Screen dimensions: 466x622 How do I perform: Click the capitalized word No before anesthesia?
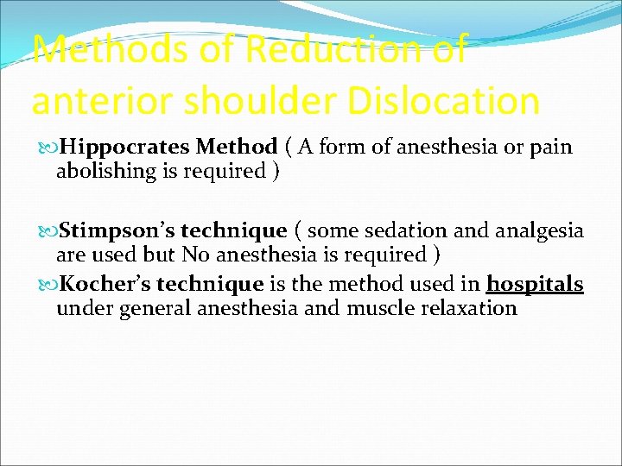point(194,255)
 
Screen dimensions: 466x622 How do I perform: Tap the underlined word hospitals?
point(535,285)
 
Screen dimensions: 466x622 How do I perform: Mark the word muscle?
point(374,308)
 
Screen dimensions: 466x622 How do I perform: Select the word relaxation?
point(466,308)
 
